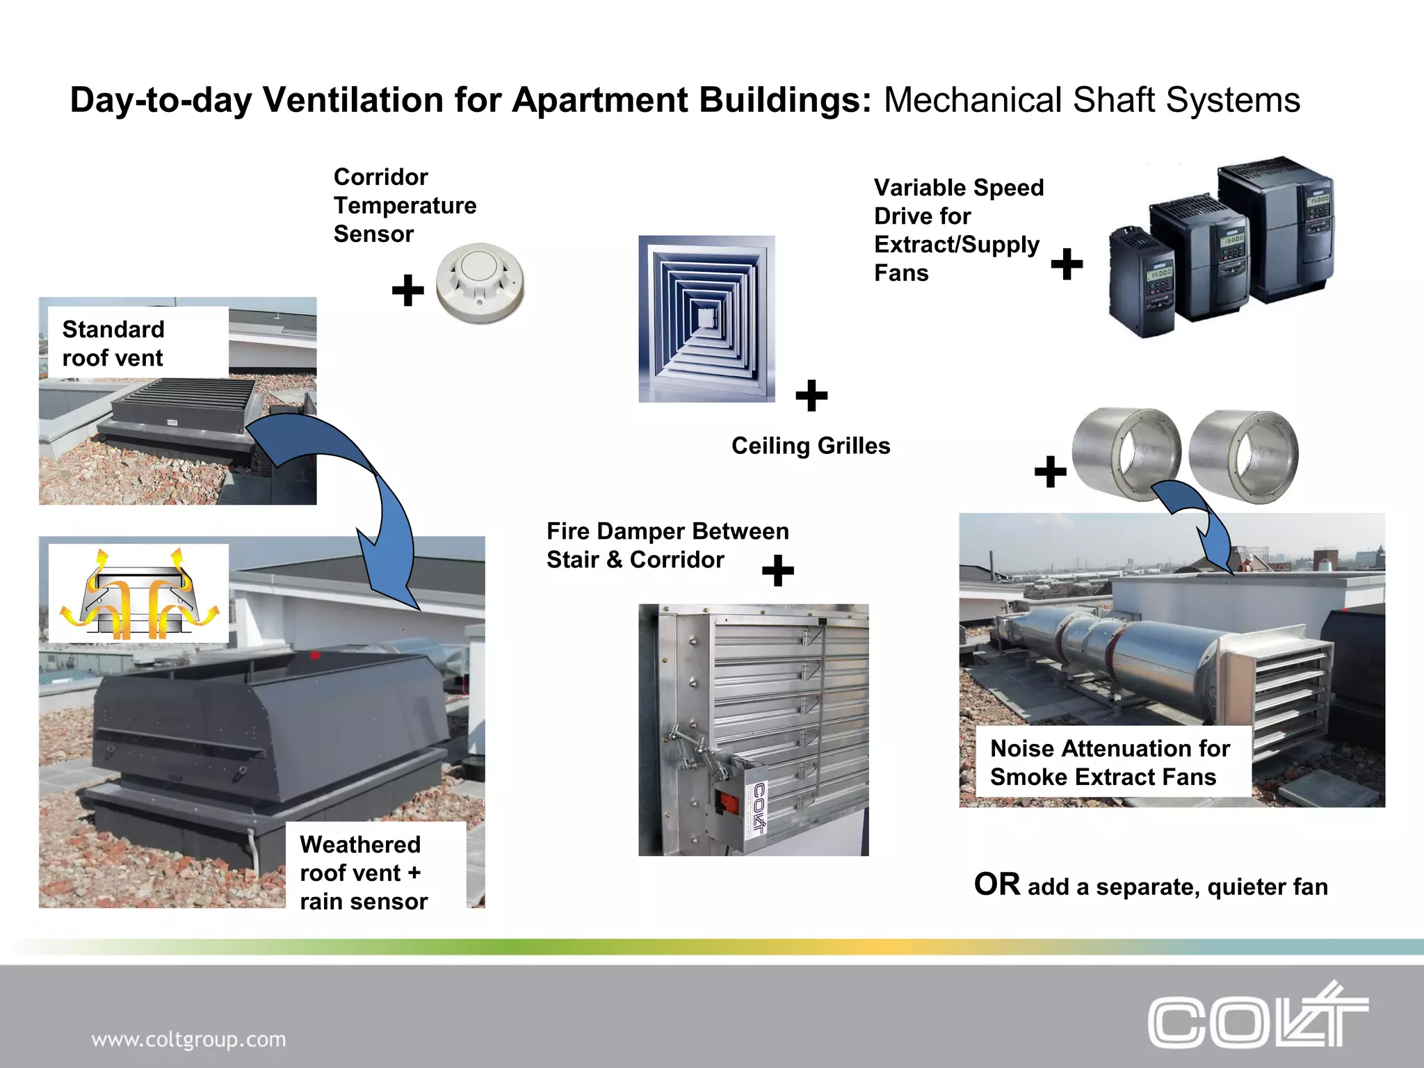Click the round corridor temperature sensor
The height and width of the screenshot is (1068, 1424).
point(480,283)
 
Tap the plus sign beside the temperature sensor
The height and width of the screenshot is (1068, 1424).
point(408,290)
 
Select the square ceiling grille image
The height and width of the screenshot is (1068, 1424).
point(706,319)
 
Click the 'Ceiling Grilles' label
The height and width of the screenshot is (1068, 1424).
point(811,446)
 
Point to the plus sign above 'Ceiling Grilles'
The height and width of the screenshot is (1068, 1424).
point(811,396)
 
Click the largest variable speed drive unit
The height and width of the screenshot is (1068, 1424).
point(1275,229)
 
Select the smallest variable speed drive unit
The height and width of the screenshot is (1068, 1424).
point(1141,282)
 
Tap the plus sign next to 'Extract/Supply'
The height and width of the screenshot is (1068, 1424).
point(1067,264)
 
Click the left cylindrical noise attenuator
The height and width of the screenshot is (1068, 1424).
point(1126,454)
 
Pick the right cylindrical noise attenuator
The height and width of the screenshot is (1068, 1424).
point(1243,455)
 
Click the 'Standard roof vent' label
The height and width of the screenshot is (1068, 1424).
point(113,343)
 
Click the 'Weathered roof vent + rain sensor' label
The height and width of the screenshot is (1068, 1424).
point(363,873)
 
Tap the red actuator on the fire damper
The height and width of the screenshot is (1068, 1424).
point(727,804)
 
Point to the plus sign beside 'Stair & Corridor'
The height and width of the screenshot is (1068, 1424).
point(777,570)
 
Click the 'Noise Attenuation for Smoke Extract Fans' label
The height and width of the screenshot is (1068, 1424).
point(1110,763)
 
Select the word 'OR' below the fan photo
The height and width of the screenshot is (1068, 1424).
point(996,884)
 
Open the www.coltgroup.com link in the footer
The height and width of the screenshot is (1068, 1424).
point(188,1039)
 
